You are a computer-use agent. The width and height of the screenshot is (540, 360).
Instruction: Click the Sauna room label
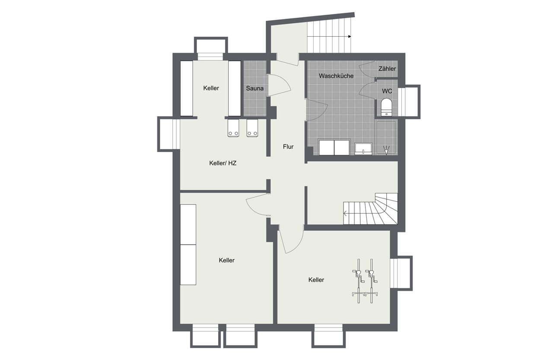254,88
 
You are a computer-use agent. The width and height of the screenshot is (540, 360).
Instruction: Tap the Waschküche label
336,76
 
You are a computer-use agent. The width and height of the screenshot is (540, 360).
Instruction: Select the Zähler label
387,69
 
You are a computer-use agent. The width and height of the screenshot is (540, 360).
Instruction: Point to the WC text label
387,91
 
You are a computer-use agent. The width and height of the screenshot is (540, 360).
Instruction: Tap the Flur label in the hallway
288,147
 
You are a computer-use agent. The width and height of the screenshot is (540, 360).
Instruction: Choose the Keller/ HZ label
223,163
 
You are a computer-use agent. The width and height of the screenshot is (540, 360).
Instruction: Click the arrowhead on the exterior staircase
349,37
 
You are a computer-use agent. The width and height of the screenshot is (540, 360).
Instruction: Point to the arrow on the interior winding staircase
345,213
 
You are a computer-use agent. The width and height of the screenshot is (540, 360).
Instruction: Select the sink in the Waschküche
363,149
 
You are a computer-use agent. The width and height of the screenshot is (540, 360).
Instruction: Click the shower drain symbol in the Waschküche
386,150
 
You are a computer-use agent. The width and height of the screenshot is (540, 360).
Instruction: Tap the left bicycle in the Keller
359,281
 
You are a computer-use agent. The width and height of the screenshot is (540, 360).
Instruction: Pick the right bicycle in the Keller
372,281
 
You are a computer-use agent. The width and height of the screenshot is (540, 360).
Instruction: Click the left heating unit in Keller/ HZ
65,128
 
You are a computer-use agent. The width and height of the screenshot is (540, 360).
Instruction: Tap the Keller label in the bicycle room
316,280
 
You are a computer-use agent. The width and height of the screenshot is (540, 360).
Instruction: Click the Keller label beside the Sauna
211,88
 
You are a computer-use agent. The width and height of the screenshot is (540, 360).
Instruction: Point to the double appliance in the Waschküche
334,147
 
